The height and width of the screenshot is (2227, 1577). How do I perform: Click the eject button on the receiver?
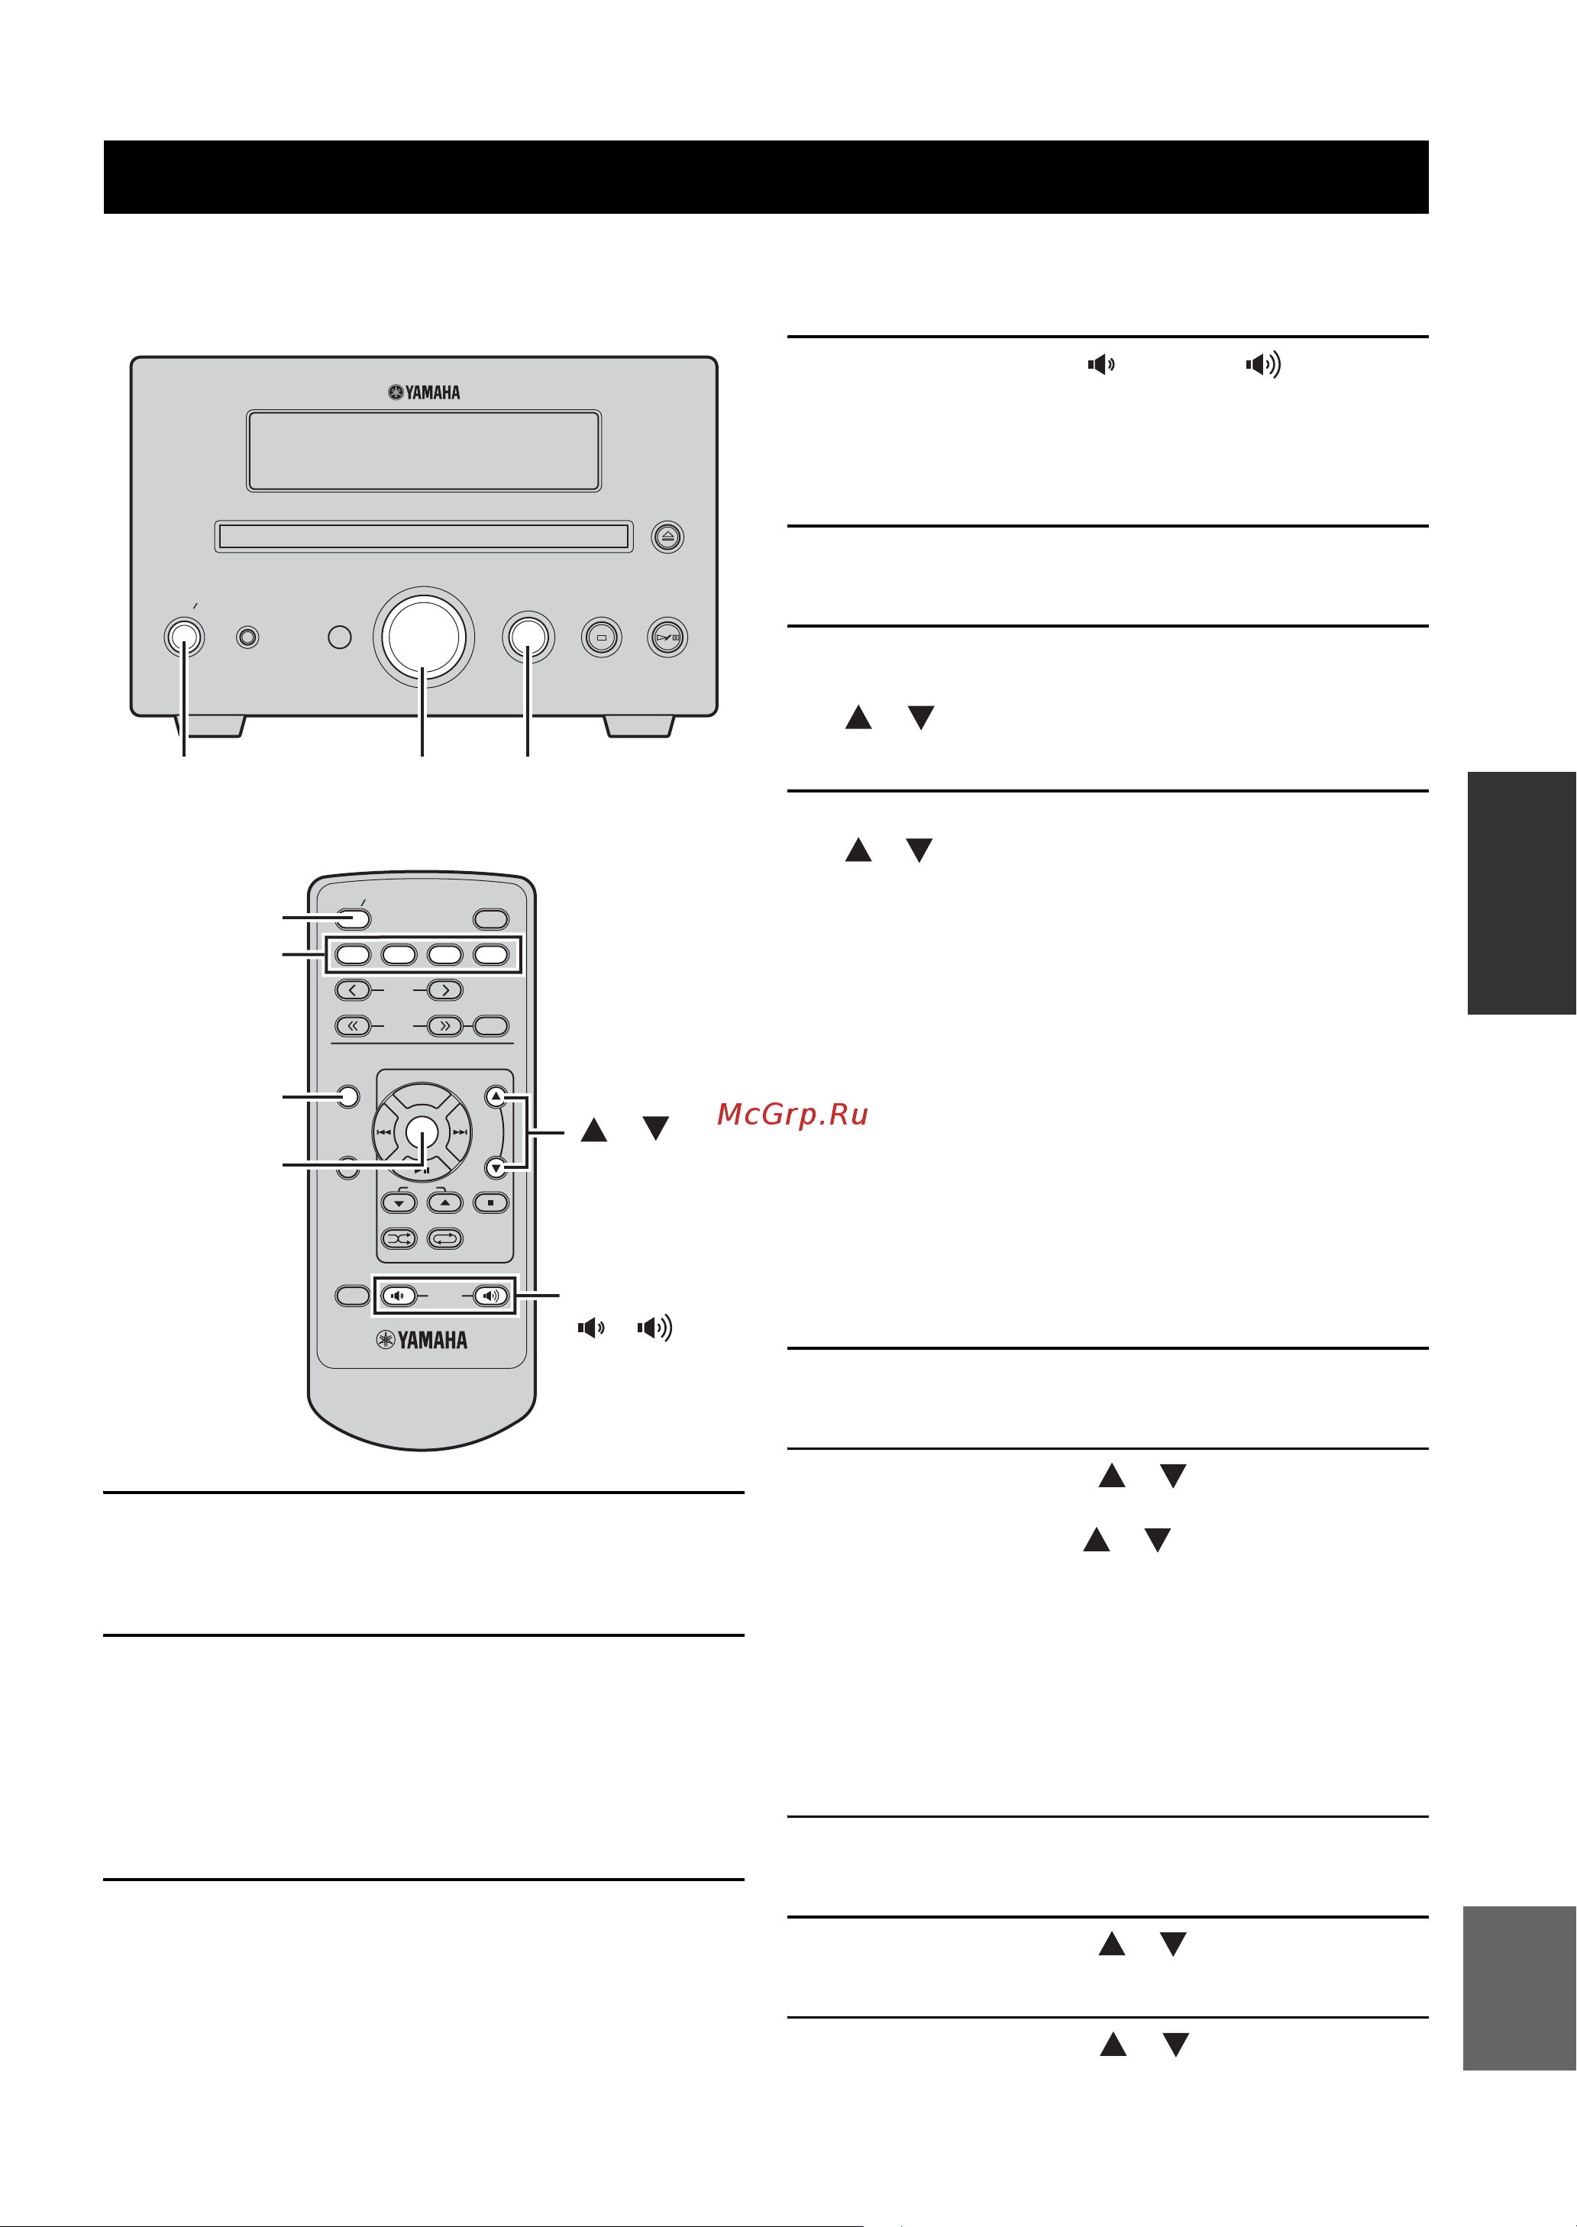pyautogui.click(x=667, y=536)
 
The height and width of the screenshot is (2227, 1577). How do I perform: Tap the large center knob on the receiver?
pyautogui.click(x=423, y=636)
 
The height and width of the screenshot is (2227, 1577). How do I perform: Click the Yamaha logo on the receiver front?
pyautogui.click(x=425, y=392)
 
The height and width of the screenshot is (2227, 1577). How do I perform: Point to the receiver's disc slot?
pyautogui.click(x=423, y=536)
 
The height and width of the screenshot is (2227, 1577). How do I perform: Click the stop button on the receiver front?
pyautogui.click(x=601, y=637)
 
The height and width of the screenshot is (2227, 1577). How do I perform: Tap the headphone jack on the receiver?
pyautogui.click(x=247, y=637)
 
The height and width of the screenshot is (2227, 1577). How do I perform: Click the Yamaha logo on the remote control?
pyautogui.click(x=422, y=1340)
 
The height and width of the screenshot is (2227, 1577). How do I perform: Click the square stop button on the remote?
pyautogui.click(x=491, y=1202)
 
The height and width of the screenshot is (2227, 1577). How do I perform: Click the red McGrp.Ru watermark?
pyautogui.click(x=793, y=1115)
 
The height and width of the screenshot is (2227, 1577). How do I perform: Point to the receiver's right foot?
pyautogui.click(x=639, y=726)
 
